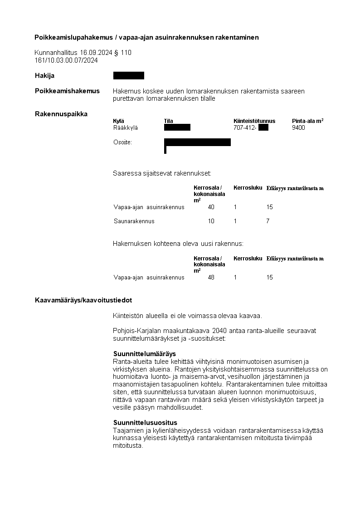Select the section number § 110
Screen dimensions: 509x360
click(123, 53)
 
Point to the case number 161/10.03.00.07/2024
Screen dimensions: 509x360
click(66, 60)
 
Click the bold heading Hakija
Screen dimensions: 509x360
click(44, 76)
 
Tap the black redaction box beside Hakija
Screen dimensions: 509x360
click(128, 76)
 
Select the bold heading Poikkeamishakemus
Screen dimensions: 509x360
click(67, 91)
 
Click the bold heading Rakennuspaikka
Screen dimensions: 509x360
click(61, 113)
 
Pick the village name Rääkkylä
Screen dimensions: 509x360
click(125, 128)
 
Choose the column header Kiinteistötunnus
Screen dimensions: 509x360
click(254, 121)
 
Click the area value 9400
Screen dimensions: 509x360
click(298, 128)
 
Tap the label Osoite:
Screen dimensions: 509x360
click(122, 142)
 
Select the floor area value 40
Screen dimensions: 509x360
click(211, 207)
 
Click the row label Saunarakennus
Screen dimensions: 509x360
click(134, 221)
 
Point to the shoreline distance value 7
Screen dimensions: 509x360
click(268, 221)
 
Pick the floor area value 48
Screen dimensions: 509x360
click(211, 277)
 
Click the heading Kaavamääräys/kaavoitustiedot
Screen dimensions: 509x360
click(83, 300)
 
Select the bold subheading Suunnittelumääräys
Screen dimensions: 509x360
click(144, 353)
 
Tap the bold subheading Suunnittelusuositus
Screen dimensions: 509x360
click(145, 423)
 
